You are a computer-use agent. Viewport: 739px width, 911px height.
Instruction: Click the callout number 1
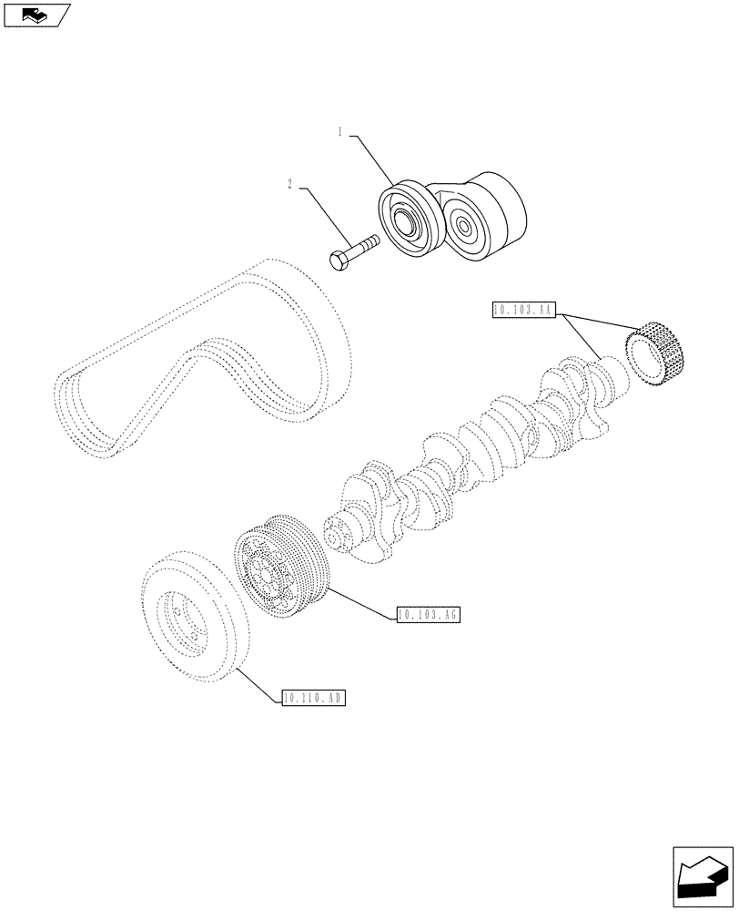(x=340, y=133)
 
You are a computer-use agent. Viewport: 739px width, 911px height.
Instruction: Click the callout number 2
(x=289, y=185)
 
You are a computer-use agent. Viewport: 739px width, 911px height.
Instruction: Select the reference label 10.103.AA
(x=521, y=311)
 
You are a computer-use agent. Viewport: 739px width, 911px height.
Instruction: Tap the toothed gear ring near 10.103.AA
(x=659, y=356)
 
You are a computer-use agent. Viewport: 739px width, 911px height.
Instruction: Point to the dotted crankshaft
(x=473, y=437)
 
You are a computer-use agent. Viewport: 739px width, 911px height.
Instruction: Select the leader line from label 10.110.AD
(x=257, y=683)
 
